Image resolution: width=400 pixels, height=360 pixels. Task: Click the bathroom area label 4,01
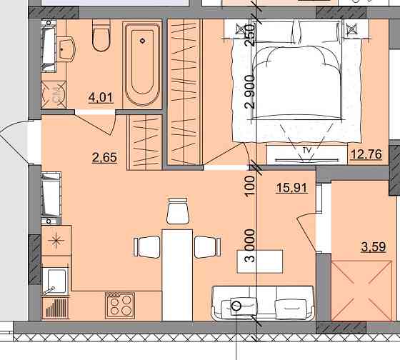(101, 97)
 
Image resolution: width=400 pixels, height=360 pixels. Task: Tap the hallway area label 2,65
(104, 157)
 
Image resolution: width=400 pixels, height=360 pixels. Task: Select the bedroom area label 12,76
(366, 154)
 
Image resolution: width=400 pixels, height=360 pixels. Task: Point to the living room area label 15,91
(292, 188)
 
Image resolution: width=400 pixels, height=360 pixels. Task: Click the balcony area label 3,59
(374, 246)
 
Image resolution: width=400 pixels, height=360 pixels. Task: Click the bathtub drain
(143, 41)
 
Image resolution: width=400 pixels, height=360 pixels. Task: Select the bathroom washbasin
(66, 49)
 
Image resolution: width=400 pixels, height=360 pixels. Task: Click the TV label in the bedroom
(307, 151)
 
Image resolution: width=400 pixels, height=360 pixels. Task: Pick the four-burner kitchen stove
(120, 306)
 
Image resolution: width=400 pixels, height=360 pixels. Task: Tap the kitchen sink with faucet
(55, 281)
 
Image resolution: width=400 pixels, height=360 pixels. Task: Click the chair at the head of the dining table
(178, 211)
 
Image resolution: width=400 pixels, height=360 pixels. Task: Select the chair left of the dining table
(147, 247)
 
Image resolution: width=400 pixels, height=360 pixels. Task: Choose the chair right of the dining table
(208, 247)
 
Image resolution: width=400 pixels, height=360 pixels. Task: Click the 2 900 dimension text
(250, 92)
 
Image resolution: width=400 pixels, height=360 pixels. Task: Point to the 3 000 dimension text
(250, 246)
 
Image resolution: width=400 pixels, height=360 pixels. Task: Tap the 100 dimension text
(250, 186)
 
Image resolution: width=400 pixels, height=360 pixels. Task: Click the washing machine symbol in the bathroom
(54, 95)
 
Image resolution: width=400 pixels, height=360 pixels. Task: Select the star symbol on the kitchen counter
(56, 240)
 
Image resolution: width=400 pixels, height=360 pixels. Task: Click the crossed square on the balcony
(361, 291)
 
